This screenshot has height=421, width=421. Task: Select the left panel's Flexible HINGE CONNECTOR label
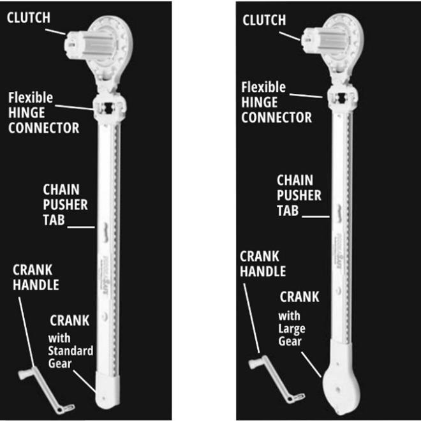point(43,112)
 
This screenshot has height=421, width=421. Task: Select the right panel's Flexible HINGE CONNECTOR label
point(276,102)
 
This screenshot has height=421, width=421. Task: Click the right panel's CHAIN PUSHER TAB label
point(299,195)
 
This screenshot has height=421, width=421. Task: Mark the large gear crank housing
point(341,389)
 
